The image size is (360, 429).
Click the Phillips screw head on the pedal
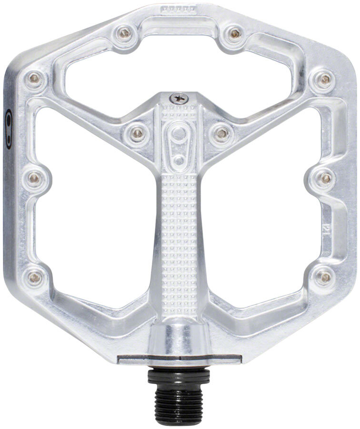tap(179, 97)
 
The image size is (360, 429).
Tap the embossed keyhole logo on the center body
tap(179, 138)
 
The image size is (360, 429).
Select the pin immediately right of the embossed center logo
tap(220, 133)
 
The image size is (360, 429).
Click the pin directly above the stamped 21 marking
tap(326, 178)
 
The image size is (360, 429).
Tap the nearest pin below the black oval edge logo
tap(34, 178)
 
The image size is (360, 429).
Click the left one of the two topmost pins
tap(125, 32)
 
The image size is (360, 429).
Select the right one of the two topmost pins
tap(234, 33)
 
